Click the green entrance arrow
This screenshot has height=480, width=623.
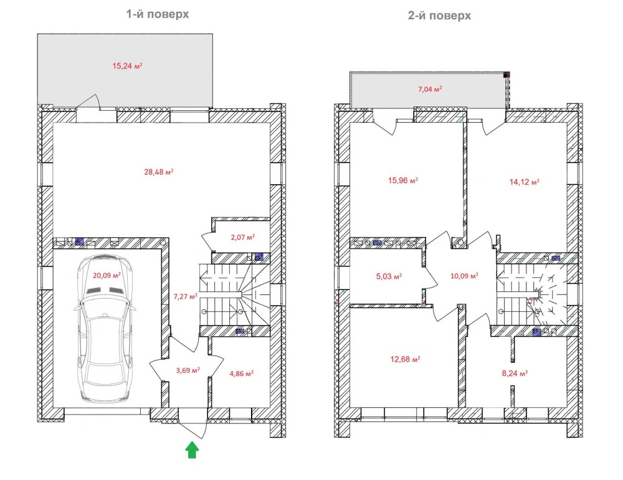pos(192,449)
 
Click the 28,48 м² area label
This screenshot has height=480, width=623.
pos(158,172)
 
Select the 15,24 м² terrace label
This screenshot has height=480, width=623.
pos(127,66)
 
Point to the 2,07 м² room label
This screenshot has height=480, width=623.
pos(242,237)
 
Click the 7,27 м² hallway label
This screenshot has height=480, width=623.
pos(185,296)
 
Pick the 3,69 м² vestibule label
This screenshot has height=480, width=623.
pos(188,370)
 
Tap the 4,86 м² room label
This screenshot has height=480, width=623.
pos(241,374)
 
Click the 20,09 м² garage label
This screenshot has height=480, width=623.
pos(107,275)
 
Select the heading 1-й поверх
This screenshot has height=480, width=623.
pos(158,14)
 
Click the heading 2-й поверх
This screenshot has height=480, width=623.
pos(439,16)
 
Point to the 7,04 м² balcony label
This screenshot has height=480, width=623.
pos(430,89)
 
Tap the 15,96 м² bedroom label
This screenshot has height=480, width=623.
pos(403,181)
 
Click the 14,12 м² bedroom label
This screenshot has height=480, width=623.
pos(524,182)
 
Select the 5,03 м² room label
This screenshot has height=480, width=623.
pos(389,276)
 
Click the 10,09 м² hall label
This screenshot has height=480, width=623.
pos(464,276)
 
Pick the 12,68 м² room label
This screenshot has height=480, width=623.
pos(405,359)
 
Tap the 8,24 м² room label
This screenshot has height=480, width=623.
pos(515,373)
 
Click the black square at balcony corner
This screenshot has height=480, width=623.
pos(506,74)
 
